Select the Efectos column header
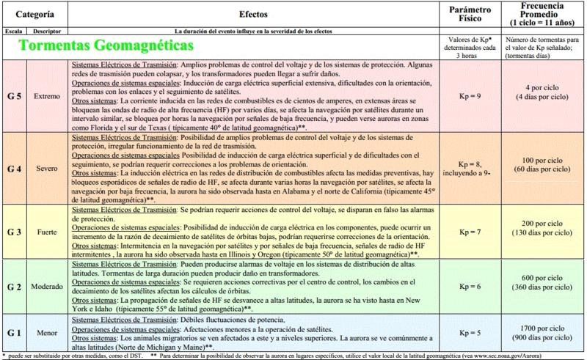pos(258,14)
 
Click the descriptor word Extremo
pos(48,97)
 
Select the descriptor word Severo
pos(48,169)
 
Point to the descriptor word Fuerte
pos(48,231)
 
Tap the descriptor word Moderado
pos(48,287)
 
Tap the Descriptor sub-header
pos(48,32)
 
